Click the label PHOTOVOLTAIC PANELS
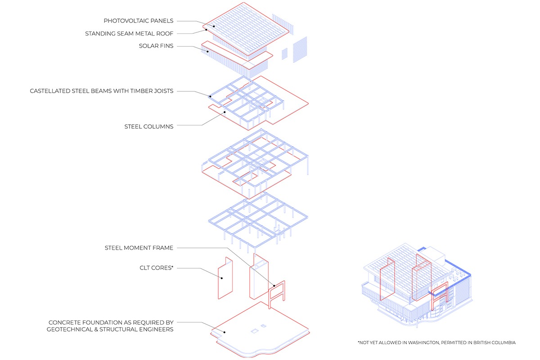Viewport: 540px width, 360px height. click(x=138, y=21)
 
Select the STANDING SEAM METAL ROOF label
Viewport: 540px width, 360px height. click(x=129, y=34)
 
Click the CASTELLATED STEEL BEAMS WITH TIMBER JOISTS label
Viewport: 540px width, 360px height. click(x=102, y=91)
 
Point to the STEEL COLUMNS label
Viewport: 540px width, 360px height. click(x=148, y=126)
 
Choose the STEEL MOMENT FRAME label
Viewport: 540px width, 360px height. click(x=139, y=247)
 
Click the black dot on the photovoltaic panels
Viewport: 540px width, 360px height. click(x=214, y=27)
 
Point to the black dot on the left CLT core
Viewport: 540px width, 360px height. click(x=221, y=278)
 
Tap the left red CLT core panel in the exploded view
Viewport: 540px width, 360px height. click(x=225, y=279)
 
